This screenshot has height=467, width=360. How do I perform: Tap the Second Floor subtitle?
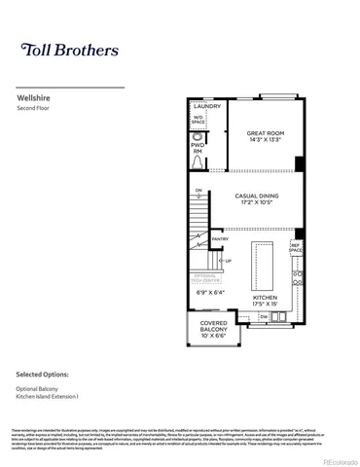pos(35,109)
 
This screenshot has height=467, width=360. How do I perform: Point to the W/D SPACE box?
pos(198,122)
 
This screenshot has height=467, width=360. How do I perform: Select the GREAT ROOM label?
pos(264,132)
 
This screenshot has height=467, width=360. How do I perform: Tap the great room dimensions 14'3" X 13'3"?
pos(264,140)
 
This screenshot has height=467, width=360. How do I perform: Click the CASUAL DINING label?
pos(258,196)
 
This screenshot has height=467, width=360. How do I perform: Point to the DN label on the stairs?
pos(198,191)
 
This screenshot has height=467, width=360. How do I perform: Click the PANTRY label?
pos(220,237)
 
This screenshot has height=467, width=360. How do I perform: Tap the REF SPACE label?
pos(296,248)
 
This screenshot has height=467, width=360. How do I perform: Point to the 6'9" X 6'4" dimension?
pos(210,291)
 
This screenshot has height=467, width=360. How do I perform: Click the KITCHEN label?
pos(265,297)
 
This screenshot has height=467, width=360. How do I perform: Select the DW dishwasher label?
pos(264,317)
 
